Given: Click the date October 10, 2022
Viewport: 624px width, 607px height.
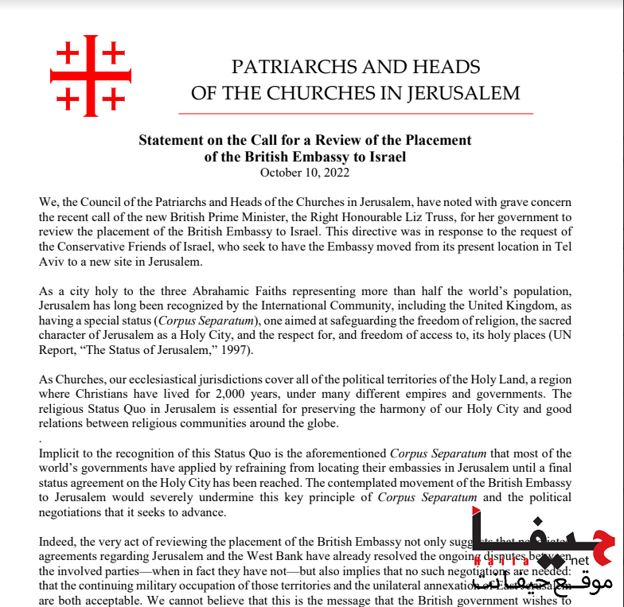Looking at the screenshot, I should tap(305, 172).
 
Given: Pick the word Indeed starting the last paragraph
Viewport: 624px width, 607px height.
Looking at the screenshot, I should tap(58, 542).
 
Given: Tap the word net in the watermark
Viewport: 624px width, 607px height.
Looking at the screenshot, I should tap(579, 560).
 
